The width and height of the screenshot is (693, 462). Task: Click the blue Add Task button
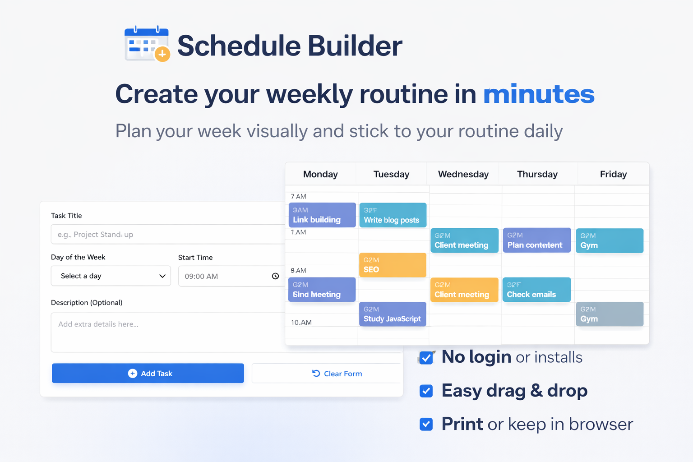pyautogui.click(x=148, y=373)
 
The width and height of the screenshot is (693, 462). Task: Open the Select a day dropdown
pyautogui.click(x=111, y=276)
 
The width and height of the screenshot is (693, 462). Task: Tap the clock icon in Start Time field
pyautogui.click(x=275, y=276)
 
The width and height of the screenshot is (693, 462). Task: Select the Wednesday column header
pyautogui.click(x=463, y=174)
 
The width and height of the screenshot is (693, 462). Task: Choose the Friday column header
pyautogui.click(x=613, y=174)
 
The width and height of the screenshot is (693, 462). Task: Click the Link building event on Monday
pyautogui.click(x=322, y=215)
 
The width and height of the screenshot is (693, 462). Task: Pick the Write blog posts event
pyautogui.click(x=393, y=215)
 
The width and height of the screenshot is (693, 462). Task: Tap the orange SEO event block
pyautogui.click(x=393, y=265)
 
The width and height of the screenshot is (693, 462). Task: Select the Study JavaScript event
pyautogui.click(x=393, y=314)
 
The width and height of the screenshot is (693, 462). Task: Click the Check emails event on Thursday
pyautogui.click(x=536, y=290)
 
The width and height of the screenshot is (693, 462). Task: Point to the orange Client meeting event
pyautogui.click(x=464, y=290)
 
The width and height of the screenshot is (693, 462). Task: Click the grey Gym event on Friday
pyautogui.click(x=610, y=314)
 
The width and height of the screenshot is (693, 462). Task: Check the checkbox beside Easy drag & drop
pyautogui.click(x=426, y=391)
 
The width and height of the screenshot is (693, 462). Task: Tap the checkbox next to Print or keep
pyautogui.click(x=426, y=424)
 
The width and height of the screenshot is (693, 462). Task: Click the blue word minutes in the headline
pyautogui.click(x=539, y=94)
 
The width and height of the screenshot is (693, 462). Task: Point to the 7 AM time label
pyautogui.click(x=299, y=196)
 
